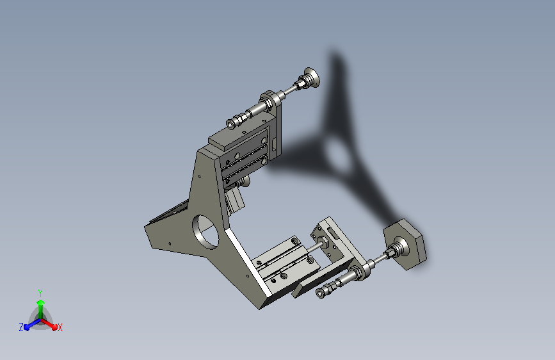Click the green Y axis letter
pos(40,293)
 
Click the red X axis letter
pos(60,327)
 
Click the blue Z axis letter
pos(21,327)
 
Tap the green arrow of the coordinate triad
pos(41,309)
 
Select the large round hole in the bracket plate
pos(205,231)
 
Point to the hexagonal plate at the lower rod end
pos(405,244)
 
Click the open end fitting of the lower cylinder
pos(321,293)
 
